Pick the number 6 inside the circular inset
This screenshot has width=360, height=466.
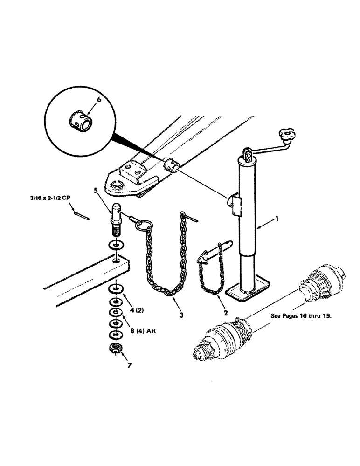click(x=98, y=99)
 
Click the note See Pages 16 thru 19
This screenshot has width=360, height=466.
click(x=301, y=315)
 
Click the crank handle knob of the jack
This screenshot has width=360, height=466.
click(x=285, y=135)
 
